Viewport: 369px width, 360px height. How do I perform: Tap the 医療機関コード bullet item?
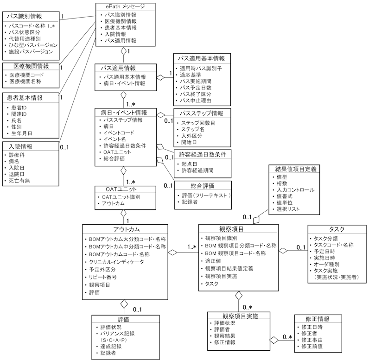(28, 75)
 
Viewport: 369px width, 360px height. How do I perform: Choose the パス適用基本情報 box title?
(201, 58)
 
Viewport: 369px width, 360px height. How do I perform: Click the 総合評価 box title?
(200, 185)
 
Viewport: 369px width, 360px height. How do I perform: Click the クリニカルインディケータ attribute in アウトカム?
(117, 262)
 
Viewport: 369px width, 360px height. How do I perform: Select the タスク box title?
(337, 229)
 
